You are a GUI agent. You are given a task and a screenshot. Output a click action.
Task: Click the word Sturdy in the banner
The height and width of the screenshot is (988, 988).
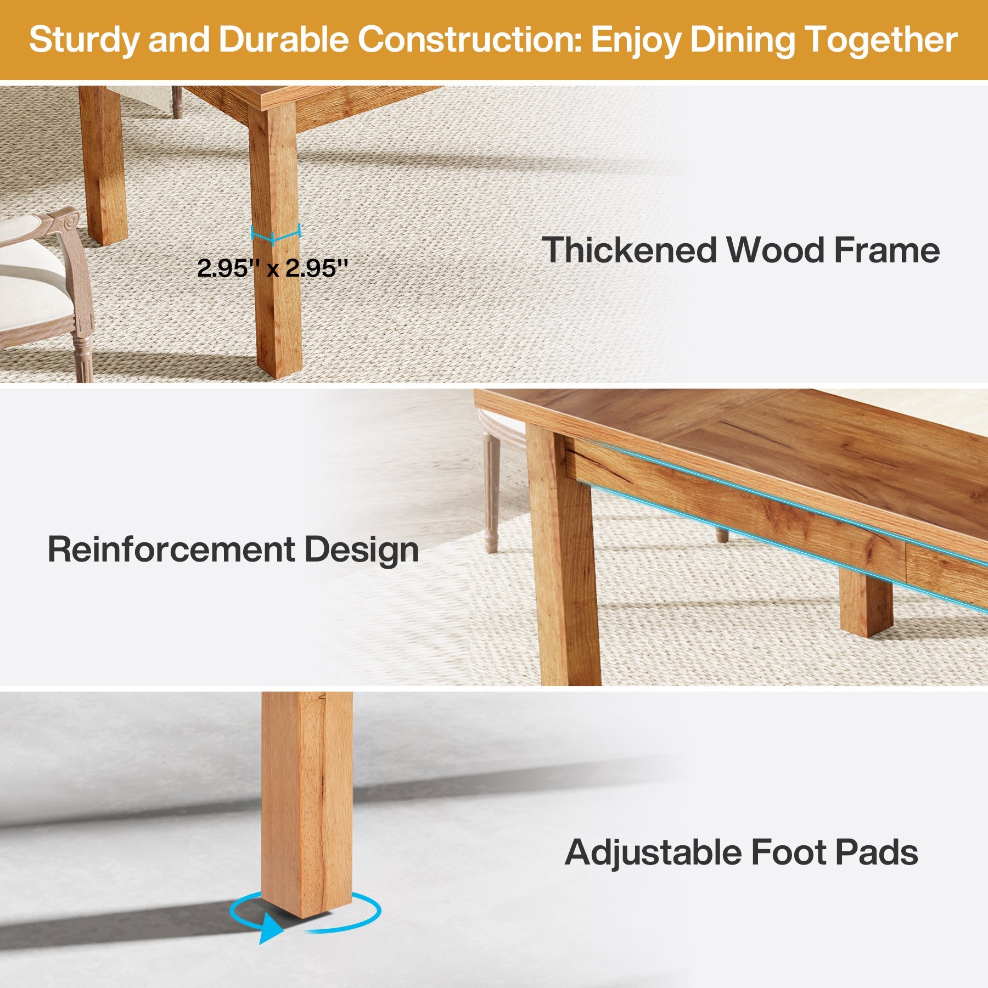coord(83,41)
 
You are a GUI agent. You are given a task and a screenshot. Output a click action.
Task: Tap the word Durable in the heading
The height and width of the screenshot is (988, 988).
coord(283,40)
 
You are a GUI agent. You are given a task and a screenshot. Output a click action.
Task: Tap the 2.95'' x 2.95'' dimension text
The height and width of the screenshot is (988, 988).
coord(272,268)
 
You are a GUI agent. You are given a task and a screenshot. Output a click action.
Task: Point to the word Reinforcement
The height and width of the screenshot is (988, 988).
coord(171,549)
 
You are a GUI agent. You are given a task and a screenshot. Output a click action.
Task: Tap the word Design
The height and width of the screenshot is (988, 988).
coord(361,550)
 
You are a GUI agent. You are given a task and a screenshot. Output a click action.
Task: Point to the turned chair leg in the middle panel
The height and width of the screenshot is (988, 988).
coord(492,494)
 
